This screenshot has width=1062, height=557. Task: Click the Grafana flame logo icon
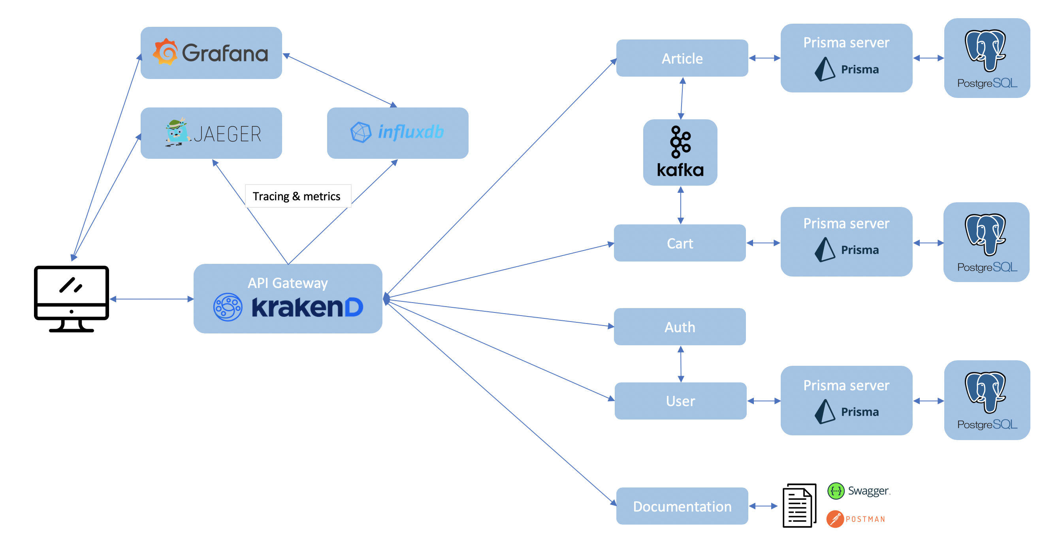coord(165,52)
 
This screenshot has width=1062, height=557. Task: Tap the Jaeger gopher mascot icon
coord(177,132)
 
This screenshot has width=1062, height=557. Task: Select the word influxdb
coord(410,132)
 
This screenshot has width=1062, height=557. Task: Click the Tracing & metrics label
coord(297,196)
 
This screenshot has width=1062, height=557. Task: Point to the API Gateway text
coord(287,283)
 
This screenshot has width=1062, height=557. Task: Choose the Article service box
coord(682,58)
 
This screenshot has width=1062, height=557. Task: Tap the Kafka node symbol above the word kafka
coord(680,142)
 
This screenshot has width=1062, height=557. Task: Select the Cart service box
coord(680,243)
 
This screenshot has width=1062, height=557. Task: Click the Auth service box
coord(680,327)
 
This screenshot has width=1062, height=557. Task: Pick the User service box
coord(680,401)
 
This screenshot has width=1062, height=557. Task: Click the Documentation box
coord(682,506)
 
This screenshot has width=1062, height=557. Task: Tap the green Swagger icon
coord(836,491)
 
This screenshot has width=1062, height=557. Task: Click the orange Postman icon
coord(835,519)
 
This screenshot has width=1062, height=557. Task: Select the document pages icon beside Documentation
coord(799,506)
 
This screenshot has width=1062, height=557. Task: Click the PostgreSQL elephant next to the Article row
coord(985,50)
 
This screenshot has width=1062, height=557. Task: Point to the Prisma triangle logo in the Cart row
coord(825,250)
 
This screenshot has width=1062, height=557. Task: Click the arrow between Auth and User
coord(681,364)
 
